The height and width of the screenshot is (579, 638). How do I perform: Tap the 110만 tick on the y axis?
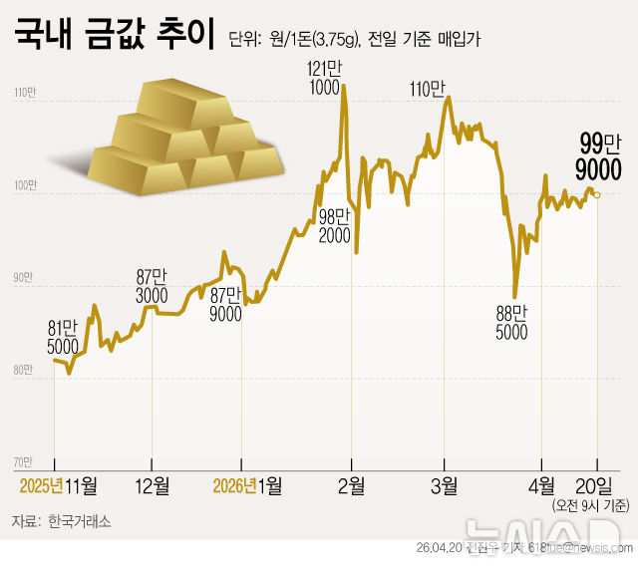[x=24, y=94]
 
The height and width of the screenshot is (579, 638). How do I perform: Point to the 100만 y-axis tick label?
[x=24, y=185]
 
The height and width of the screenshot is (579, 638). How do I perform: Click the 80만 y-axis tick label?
[x=24, y=370]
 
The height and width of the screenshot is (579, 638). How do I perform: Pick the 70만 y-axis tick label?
[x=24, y=461]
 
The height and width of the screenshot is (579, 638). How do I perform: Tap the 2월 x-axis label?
[x=351, y=485]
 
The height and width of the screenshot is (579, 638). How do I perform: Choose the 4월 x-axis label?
[x=541, y=485]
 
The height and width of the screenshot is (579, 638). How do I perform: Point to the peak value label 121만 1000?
[x=324, y=76]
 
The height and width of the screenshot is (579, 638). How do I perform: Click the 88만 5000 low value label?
[x=511, y=323]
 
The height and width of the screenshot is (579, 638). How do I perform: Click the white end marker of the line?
[x=597, y=195]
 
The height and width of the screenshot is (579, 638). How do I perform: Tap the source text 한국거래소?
[x=80, y=521]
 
